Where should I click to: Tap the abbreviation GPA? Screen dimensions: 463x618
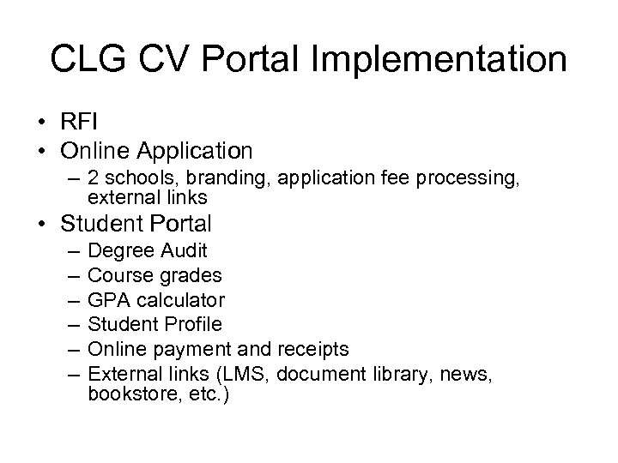tap(108, 300)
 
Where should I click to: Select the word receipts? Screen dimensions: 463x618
tap(315, 349)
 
